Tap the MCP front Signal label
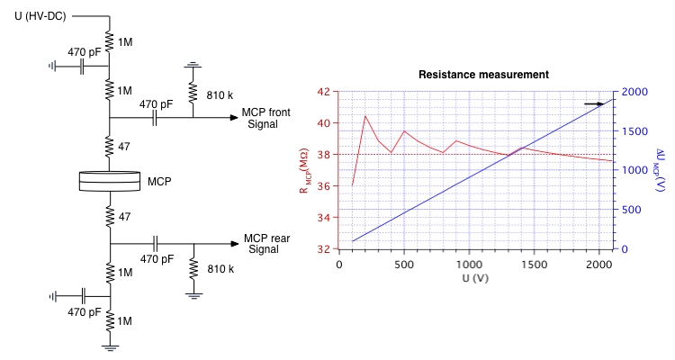265,118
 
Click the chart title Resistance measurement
483,74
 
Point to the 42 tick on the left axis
325,92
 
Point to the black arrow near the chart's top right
593,104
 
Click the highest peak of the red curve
365,116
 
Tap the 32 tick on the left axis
325,248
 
